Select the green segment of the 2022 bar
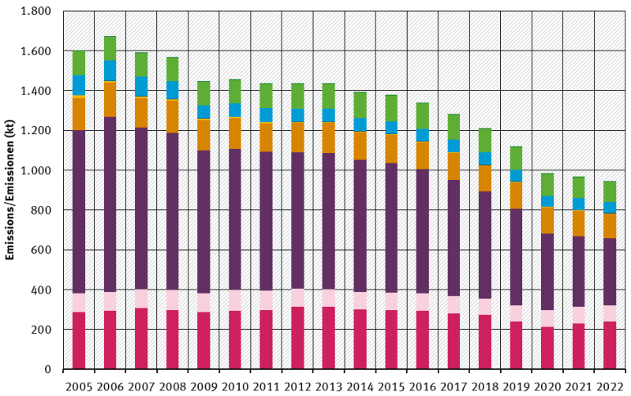tap(609, 192)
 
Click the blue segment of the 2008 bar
tap(172, 90)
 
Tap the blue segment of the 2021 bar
tap(578, 204)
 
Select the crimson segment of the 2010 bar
tap(234, 340)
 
